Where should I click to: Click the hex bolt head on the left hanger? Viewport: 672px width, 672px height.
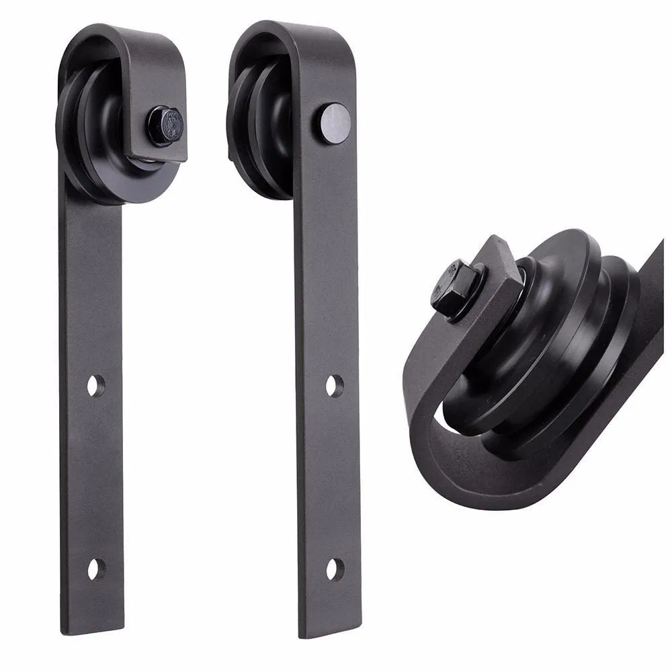click(165, 125)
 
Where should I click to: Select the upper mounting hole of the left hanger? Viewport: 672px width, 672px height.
click(96, 386)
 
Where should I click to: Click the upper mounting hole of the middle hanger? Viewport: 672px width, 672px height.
click(334, 386)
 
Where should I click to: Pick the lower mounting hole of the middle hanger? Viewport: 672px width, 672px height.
click(334, 569)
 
